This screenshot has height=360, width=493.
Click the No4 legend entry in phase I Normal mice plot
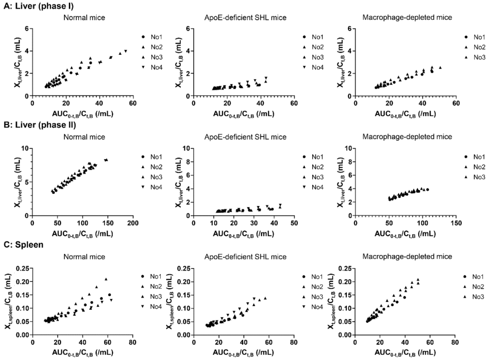[x=156, y=69]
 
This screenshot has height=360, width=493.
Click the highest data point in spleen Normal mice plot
[x=106, y=279]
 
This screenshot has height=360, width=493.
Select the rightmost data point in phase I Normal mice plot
[x=126, y=51]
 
